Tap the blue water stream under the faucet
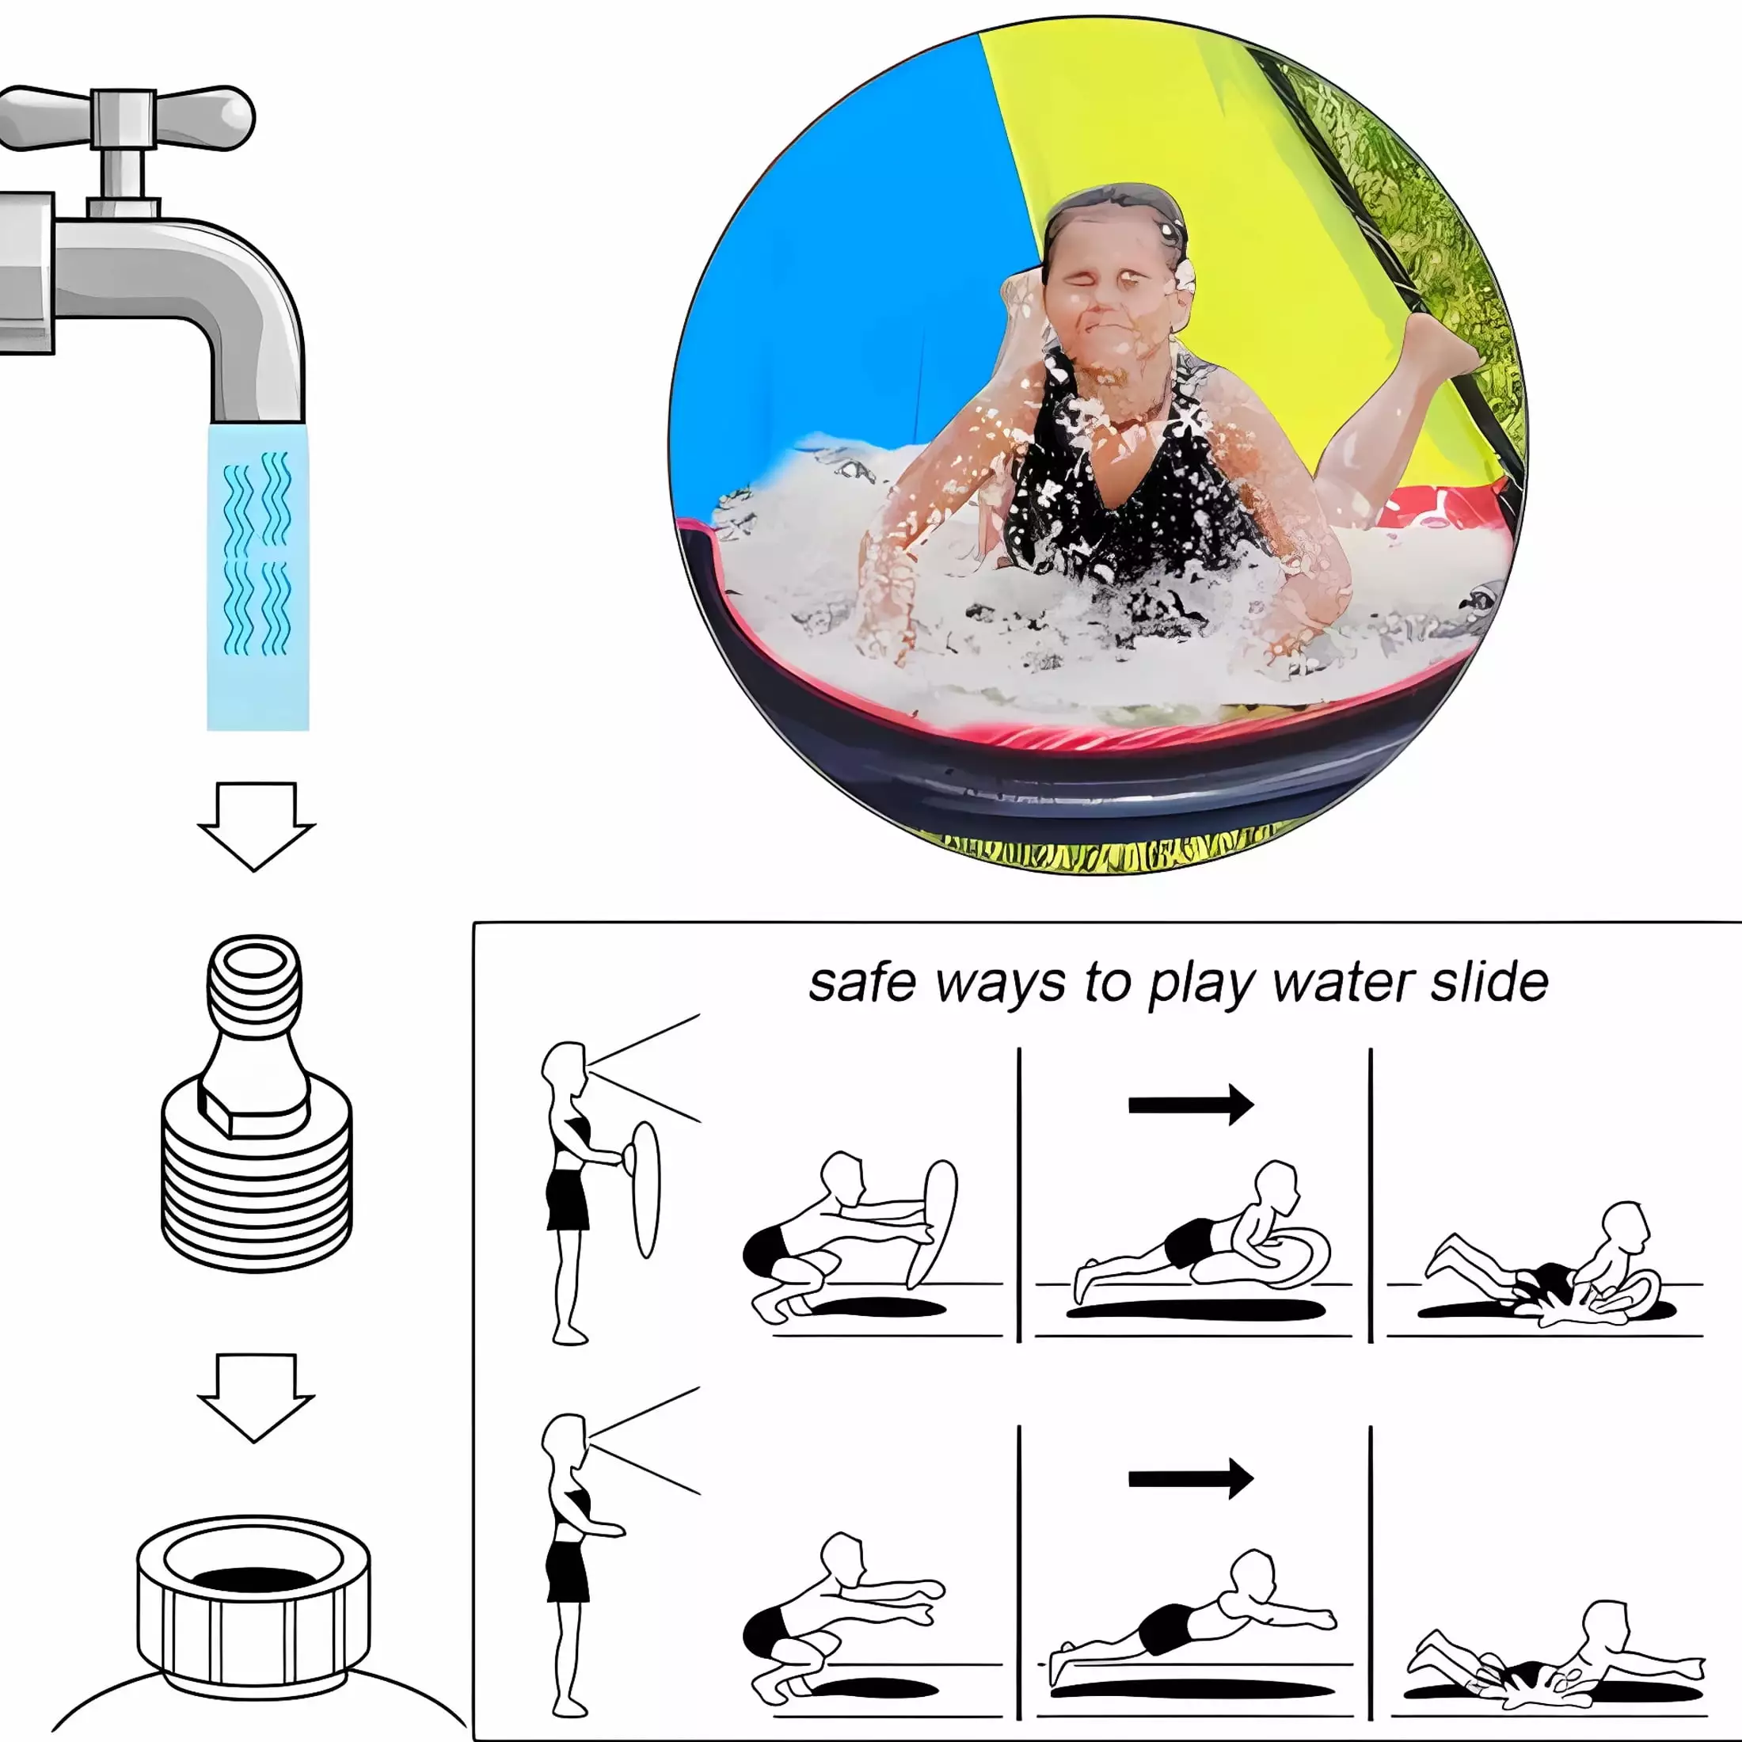(x=258, y=577)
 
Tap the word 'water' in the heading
(x=1343, y=982)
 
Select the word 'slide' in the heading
(x=1489, y=980)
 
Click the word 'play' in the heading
(x=1200, y=986)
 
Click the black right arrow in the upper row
(x=1190, y=1105)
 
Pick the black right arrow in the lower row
(x=1190, y=1478)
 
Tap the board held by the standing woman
(x=645, y=1189)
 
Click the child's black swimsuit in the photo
(x=1127, y=469)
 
